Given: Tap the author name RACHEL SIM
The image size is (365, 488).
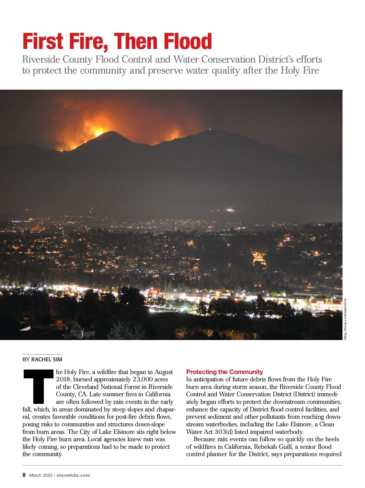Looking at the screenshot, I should pyautogui.click(x=47, y=359).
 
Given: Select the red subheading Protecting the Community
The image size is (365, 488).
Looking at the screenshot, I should pyautogui.click(x=224, y=372).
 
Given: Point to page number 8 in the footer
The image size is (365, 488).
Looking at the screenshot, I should pyautogui.click(x=24, y=475).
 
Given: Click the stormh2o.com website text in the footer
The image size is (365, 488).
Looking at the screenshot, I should pyautogui.click(x=73, y=475).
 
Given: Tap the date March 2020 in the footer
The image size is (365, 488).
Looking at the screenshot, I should pyautogui.click(x=41, y=475).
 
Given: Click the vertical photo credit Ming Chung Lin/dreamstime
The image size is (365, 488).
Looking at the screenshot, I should pyautogui.click(x=345, y=319).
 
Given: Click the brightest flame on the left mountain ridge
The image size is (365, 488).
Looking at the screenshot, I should pyautogui.click(x=98, y=133).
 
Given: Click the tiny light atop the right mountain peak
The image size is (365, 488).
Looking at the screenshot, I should pyautogui.click(x=210, y=129).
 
